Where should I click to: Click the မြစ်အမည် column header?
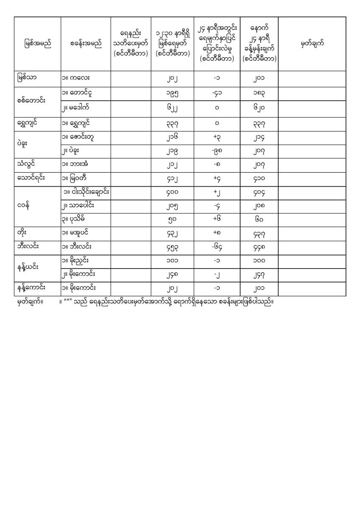[37, 44]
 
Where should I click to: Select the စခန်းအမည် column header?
[86, 44]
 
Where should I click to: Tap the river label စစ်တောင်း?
[32, 100]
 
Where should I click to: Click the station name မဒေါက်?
[79, 108]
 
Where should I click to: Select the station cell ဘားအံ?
[79, 164]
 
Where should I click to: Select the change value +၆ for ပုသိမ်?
[217, 219]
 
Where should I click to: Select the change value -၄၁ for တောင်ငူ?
[217, 93]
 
